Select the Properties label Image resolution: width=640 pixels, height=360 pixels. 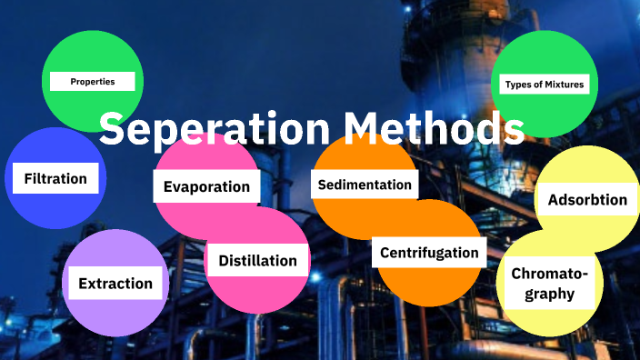click(93, 82)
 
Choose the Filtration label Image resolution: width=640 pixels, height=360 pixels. click(55, 178)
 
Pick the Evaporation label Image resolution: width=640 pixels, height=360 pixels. click(206, 186)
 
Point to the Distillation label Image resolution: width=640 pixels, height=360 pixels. click(257, 261)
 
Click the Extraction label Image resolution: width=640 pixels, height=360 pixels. click(115, 283)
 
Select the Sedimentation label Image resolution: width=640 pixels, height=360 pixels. click(365, 185)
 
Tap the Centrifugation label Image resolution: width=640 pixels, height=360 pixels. click(428, 253)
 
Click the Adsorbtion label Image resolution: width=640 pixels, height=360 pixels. click(587, 199)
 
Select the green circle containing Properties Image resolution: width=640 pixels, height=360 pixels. click(91, 50)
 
